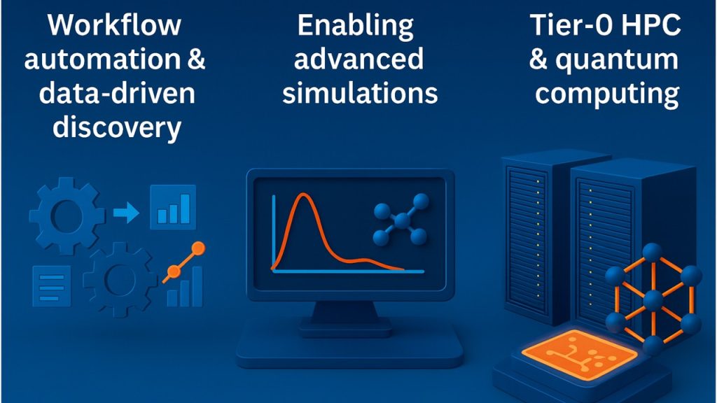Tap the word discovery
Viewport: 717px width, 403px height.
pos(117,127)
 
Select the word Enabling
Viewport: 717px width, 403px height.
pos(356,26)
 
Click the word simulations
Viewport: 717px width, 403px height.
pos(360,93)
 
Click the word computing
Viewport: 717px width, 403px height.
pos(607,95)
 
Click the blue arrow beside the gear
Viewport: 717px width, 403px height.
pos(126,213)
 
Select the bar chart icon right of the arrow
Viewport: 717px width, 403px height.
pos(174,207)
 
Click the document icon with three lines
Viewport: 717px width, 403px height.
pos(52,286)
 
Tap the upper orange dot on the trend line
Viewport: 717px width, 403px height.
pos(198,248)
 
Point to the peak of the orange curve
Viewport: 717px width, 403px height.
pos(302,195)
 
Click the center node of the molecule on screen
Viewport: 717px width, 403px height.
pos(402,220)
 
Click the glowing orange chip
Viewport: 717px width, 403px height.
pos(579,354)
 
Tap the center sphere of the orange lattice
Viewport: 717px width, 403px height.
pos(653,300)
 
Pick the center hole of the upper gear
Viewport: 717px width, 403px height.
pos(67,215)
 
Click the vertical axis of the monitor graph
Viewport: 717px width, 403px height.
pos(274,234)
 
